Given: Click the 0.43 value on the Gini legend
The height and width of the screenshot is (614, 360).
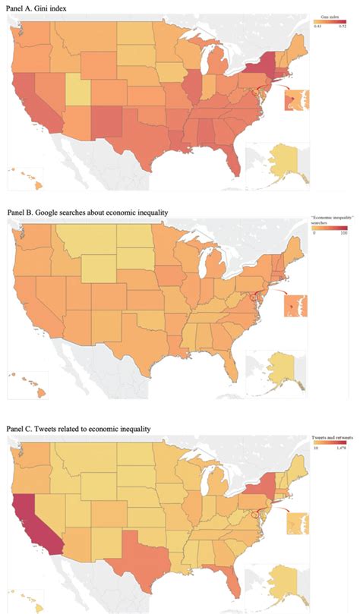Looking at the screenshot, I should point(317,26).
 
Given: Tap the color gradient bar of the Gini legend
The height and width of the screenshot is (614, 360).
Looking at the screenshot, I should point(330,20).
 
